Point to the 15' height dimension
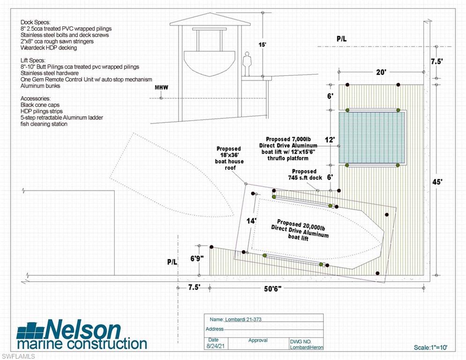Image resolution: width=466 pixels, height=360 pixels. (262, 45)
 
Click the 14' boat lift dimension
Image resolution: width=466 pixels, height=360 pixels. (252, 220)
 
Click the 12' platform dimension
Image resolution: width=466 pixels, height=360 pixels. (331, 140)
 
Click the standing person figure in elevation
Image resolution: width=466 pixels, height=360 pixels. (247, 64)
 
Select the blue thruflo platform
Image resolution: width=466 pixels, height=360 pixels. (371, 137)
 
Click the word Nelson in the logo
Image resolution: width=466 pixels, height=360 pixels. (83, 330)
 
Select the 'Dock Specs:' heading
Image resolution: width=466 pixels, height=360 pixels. (36, 22)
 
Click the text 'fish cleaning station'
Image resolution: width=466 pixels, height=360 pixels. (44, 124)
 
